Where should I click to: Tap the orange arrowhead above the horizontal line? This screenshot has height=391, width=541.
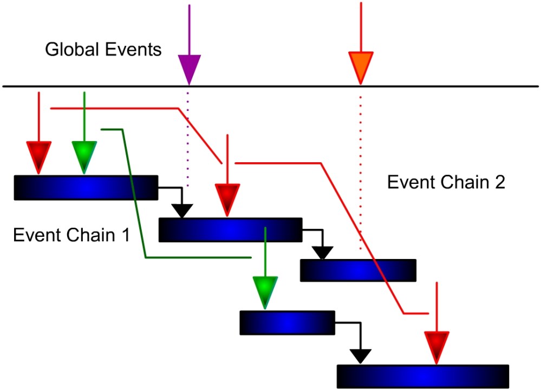tap(361, 67)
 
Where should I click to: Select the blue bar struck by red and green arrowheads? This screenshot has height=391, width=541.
tap(86, 187)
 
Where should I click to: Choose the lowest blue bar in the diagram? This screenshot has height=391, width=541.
tap(422, 376)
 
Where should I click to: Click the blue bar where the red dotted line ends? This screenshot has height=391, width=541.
tap(358, 270)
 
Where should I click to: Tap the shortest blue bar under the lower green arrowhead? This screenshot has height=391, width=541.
tap(287, 322)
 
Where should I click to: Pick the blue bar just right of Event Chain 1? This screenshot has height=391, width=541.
tap(230, 229)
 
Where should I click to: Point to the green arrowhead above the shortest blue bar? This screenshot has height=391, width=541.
tap(265, 291)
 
